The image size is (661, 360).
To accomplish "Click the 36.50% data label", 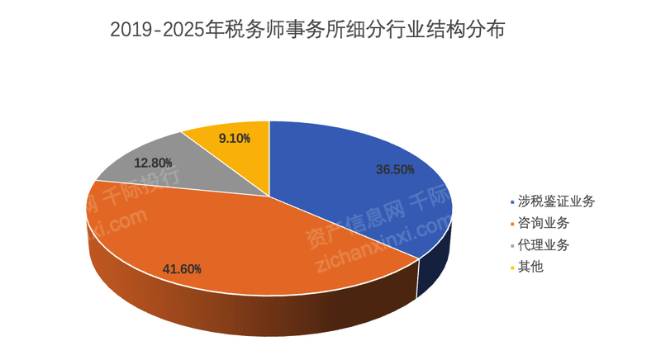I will pyautogui.click(x=395, y=169).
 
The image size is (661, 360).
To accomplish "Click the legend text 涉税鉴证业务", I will pyautogui.click(x=556, y=201).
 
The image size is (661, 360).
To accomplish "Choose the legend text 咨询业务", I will pyautogui.click(x=543, y=223).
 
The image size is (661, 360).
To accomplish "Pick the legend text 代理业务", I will pyautogui.click(x=543, y=245).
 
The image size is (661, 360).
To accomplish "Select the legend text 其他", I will pyautogui.click(x=530, y=268).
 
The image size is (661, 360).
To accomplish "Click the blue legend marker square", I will pyautogui.click(x=511, y=201).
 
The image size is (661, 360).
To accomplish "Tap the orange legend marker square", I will pyautogui.click(x=511, y=224).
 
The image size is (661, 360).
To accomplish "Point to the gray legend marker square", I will pyautogui.click(x=511, y=246).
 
